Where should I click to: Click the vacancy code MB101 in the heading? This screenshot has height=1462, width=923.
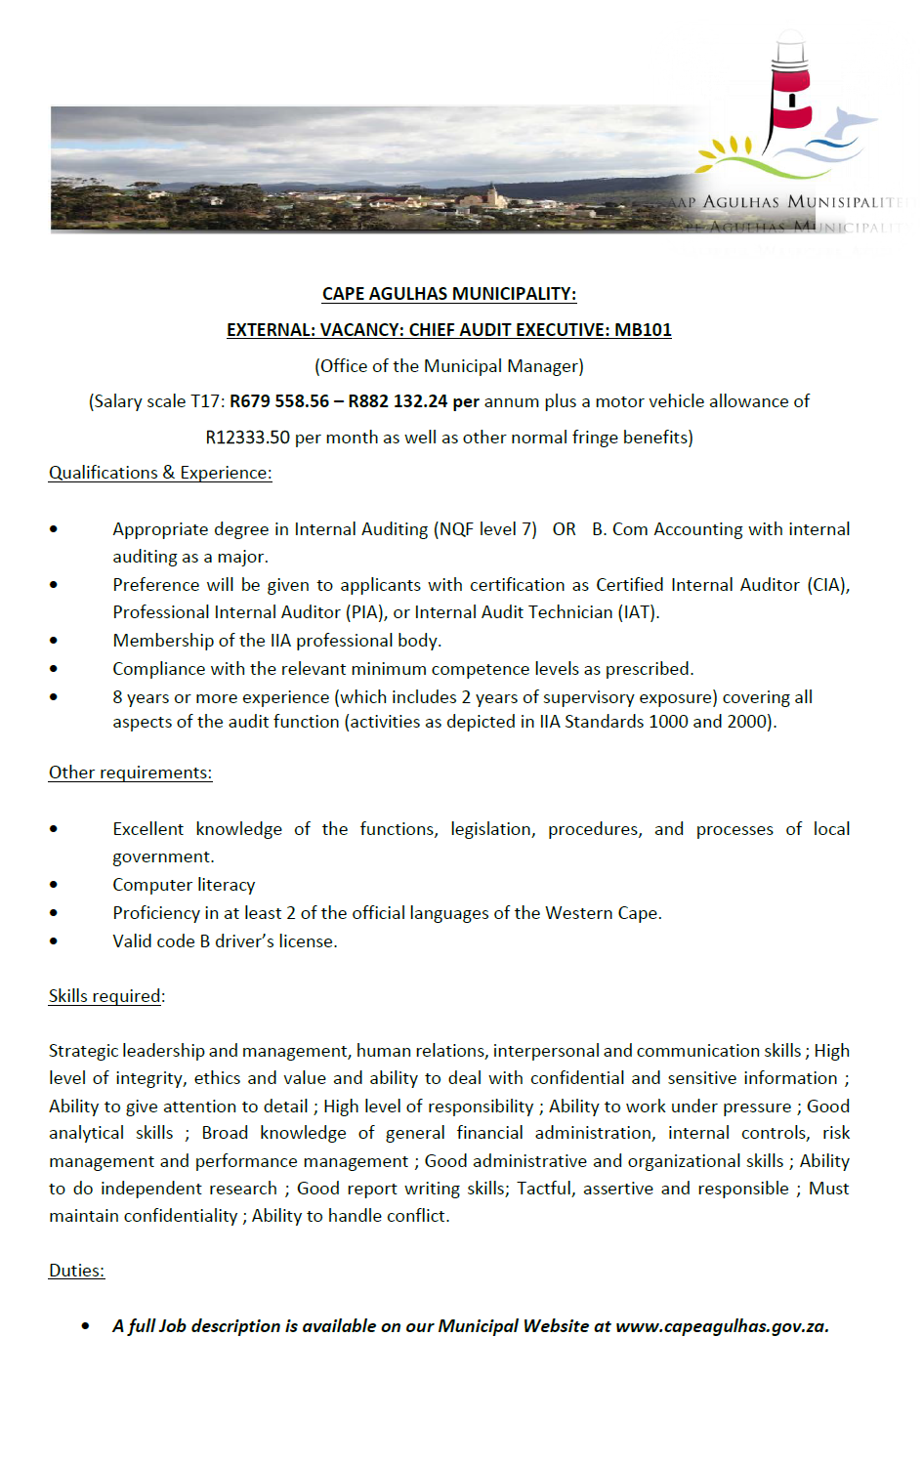click(643, 330)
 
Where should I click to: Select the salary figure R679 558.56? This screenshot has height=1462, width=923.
click(279, 401)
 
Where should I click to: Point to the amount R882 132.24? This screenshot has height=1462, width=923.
click(398, 401)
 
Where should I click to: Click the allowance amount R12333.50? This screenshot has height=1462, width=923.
click(247, 438)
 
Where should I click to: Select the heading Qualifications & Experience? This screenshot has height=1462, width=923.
click(160, 473)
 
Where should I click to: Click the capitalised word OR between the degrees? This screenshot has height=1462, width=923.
click(564, 529)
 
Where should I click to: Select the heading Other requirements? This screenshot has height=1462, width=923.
click(130, 773)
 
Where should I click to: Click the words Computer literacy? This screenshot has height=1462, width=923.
click(184, 885)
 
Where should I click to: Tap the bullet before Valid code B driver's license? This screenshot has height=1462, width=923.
click(54, 941)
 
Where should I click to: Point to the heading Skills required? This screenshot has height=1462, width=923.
click(105, 996)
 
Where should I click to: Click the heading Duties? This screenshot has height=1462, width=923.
click(76, 1271)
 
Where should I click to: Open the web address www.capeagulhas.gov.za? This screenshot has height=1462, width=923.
click(722, 1326)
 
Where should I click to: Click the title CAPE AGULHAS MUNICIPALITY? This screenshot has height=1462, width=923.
click(448, 294)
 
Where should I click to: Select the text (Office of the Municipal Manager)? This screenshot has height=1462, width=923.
click(448, 366)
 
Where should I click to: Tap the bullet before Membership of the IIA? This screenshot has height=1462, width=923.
click(54, 641)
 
